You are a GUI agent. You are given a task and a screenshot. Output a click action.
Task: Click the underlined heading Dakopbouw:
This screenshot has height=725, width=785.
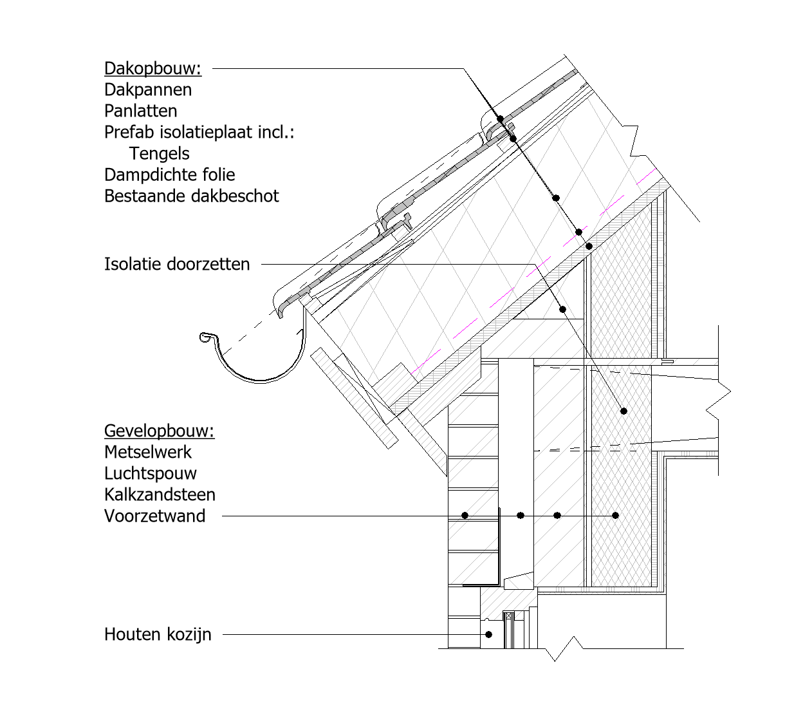(x=153, y=68)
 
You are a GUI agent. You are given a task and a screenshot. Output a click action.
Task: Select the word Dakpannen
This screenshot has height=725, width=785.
(x=148, y=89)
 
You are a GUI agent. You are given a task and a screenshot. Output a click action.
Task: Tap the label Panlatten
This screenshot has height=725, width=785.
(x=140, y=111)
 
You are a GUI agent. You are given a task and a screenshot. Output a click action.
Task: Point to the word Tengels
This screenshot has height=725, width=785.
(x=160, y=153)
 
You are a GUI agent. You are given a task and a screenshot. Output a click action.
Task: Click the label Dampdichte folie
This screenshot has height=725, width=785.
(x=170, y=175)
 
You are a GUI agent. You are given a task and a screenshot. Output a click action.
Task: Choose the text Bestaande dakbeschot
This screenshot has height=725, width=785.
(x=191, y=196)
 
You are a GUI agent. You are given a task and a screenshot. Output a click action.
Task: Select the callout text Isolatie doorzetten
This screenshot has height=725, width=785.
(x=177, y=264)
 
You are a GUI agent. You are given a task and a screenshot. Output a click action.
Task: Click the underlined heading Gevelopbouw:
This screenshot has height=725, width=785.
(x=160, y=431)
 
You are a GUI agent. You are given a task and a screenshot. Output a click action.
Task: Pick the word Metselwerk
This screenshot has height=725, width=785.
(x=148, y=452)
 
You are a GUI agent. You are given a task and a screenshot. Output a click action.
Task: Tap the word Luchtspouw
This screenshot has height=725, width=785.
(x=150, y=473)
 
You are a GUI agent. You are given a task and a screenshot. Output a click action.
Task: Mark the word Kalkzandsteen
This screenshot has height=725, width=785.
(x=160, y=494)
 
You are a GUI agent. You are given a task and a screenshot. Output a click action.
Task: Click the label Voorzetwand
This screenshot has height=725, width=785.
(x=154, y=516)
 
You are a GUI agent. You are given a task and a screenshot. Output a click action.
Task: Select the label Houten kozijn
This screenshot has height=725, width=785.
(x=158, y=634)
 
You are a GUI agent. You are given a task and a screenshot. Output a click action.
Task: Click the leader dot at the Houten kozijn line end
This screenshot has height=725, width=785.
(x=488, y=634)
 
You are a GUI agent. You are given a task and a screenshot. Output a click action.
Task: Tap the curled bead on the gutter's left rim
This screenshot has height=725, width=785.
(x=205, y=337)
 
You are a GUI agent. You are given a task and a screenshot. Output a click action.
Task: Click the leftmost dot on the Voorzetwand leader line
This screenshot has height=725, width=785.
(x=465, y=515)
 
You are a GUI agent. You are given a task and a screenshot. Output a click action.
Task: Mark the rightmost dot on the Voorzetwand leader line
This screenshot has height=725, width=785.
(x=615, y=515)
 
